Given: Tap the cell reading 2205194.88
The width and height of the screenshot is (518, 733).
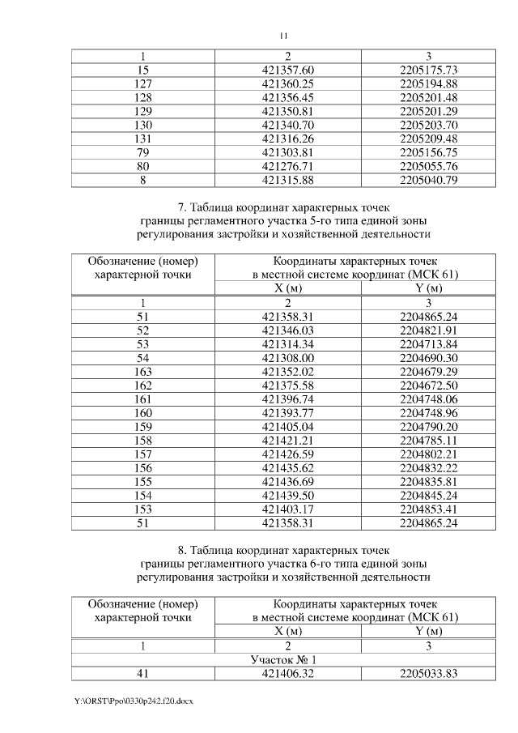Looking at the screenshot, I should tap(429, 83).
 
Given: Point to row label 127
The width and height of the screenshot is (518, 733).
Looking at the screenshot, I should tap(143, 83).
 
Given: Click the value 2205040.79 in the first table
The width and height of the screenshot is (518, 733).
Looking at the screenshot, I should tap(429, 180).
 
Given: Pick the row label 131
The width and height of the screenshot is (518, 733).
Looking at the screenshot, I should tap(143, 139).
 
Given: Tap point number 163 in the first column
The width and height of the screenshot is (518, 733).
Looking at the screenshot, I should tap(143, 372).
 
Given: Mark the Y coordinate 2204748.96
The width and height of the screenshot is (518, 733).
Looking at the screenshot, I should tap(429, 413).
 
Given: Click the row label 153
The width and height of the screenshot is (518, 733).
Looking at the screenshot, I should tap(143, 510).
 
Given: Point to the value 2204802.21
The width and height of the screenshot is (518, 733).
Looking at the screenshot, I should tap(429, 455).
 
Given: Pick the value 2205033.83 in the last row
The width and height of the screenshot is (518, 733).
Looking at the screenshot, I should tap(429, 673).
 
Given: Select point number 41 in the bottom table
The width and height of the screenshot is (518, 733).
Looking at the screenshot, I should tap(143, 673).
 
